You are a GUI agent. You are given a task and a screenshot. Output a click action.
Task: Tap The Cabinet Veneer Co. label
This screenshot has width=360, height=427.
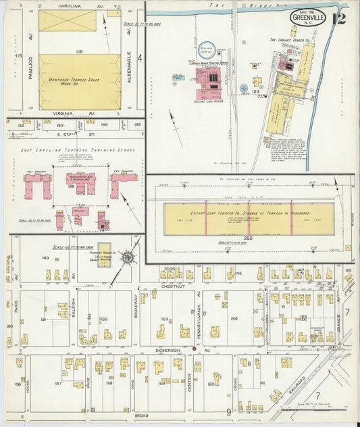tap(289, 41)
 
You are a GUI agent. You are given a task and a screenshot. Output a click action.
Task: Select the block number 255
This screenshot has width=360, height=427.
tap(249, 240)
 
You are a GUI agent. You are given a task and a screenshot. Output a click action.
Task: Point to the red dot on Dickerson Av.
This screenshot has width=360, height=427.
tap(195, 349)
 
